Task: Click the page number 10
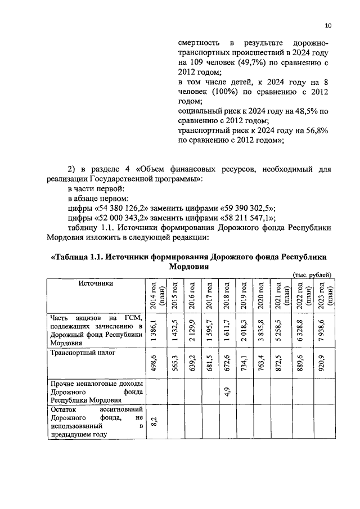point(328,25)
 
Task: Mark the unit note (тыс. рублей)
point(312,274)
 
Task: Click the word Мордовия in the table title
point(189,268)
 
